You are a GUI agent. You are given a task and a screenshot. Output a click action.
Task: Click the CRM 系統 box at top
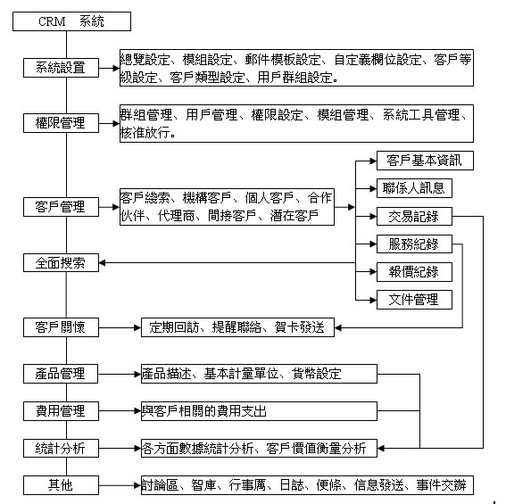71,21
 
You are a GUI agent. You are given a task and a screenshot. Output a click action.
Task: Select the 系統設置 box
61,68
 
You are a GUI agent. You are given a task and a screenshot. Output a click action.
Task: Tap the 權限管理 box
61,123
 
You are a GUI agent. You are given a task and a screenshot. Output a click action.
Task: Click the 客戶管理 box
61,207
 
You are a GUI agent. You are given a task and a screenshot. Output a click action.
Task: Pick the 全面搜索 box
61,262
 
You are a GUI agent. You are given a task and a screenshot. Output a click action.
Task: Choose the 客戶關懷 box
61,327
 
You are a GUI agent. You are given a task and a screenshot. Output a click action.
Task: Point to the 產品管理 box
61,374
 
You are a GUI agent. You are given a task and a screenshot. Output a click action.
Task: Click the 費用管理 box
61,411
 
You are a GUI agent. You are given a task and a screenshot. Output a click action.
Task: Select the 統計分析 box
61,448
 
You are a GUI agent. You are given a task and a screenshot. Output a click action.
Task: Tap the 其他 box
61,485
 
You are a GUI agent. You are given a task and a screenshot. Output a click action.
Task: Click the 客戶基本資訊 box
425,161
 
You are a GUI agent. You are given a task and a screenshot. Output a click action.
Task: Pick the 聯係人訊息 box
414,188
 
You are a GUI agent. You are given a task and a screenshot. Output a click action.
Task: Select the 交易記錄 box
414,216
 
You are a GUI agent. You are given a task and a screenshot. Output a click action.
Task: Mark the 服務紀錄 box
414,244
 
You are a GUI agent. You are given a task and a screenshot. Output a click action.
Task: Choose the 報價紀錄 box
414,272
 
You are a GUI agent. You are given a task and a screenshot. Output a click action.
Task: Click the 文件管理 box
414,300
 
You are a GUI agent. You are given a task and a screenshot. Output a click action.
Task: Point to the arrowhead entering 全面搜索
102,262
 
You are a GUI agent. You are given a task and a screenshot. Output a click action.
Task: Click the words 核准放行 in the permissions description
145,132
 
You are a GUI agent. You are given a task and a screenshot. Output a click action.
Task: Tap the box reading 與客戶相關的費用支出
259,411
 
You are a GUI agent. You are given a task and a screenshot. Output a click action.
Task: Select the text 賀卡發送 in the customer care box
300,327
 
